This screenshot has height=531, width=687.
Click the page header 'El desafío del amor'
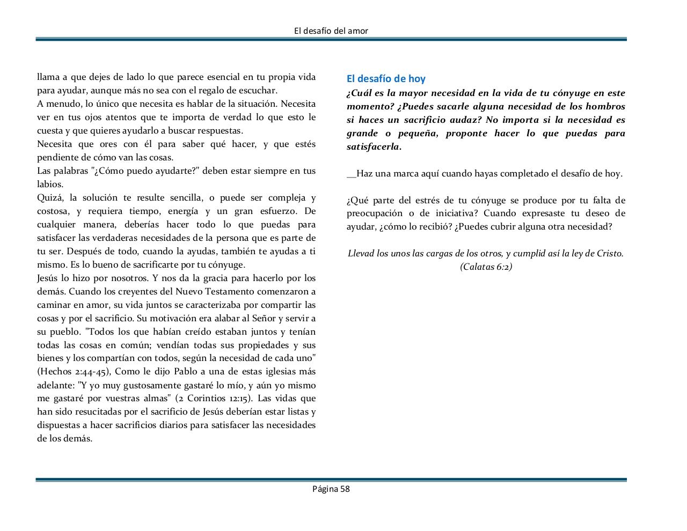pyautogui.click(x=331, y=31)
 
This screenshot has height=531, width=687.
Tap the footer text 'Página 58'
pyautogui.click(x=331, y=489)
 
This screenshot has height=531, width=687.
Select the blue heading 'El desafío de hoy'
pyautogui.click(x=386, y=79)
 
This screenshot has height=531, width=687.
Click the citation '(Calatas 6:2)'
pyautogui.click(x=486, y=267)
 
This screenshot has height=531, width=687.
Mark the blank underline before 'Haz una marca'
pyautogui.click(x=351, y=174)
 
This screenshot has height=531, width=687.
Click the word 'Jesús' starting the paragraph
pyautogui.click(x=49, y=278)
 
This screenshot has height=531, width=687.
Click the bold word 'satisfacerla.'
pyautogui.click(x=374, y=146)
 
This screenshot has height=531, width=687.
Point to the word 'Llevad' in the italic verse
pyautogui.click(x=361, y=253)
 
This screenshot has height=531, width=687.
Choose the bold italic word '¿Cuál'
pyautogui.click(x=358, y=93)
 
